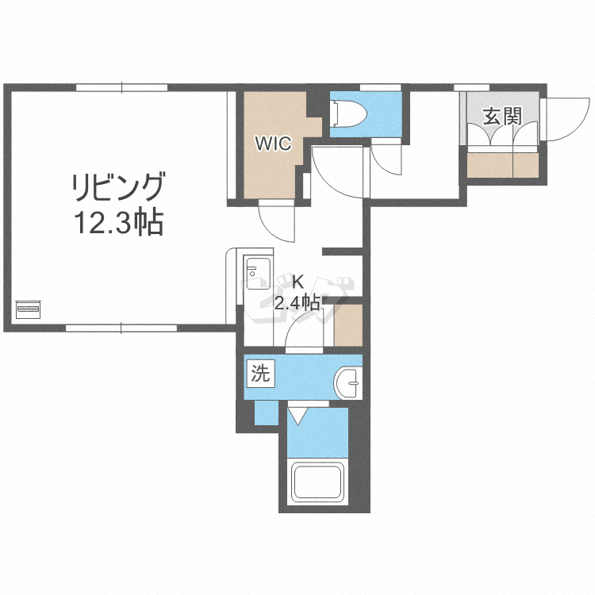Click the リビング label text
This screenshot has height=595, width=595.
pyautogui.click(x=119, y=187)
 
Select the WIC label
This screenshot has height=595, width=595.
pyautogui.click(x=273, y=144)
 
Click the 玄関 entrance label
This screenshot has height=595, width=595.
pyautogui.click(x=502, y=116)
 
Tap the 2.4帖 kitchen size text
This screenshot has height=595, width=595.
pyautogui.click(x=298, y=304)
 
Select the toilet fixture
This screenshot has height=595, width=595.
pyautogui.click(x=347, y=113)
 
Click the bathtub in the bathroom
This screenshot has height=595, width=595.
pyautogui.click(x=317, y=482)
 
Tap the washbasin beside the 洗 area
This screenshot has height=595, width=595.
pyautogui.click(x=347, y=382)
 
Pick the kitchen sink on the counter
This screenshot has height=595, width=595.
pyautogui.click(x=258, y=272)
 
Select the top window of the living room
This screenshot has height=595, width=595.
pyautogui.click(x=121, y=87)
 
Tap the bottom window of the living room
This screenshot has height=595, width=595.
pyautogui.click(x=121, y=328)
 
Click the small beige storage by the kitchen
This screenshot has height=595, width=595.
pyautogui.click(x=348, y=325)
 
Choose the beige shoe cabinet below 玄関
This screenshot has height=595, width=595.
pyautogui.click(x=503, y=165)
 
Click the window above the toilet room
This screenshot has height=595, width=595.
pyautogui.click(x=380, y=87)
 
